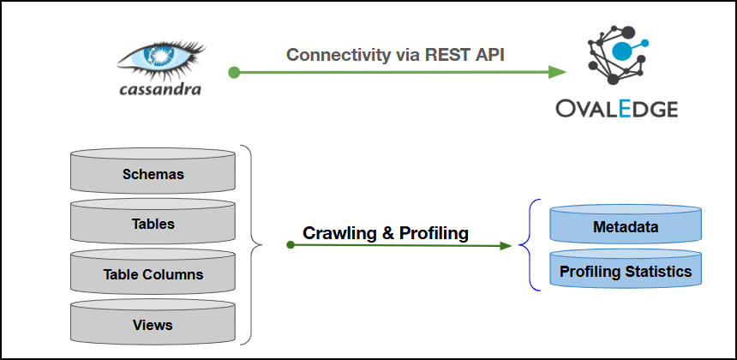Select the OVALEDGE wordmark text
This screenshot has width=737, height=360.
tap(616, 109)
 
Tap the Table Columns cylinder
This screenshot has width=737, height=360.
tap(153, 274)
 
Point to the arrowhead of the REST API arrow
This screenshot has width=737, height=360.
tap(558, 73)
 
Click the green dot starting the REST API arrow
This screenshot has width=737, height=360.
tap(233, 73)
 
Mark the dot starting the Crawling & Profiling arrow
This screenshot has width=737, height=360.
tap(291, 244)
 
